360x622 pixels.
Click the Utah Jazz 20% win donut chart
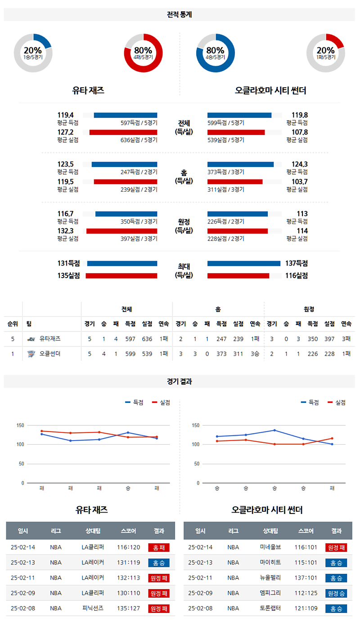click(33, 53)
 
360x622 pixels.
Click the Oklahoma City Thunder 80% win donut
click(215, 53)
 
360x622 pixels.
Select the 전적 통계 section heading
click(179, 14)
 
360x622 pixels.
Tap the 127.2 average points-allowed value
click(65, 132)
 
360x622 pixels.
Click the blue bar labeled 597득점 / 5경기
click(125, 115)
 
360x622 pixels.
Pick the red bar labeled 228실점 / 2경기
click(237, 231)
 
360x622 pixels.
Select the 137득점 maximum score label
click(297, 263)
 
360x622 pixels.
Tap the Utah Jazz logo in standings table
click(31, 339)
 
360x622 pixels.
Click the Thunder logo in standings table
click(31, 354)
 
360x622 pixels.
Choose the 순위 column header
click(13, 324)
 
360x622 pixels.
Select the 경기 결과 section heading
click(179, 381)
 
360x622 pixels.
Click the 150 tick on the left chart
click(20, 425)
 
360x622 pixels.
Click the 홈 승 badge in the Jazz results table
click(158, 563)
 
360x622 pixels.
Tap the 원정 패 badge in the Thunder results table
click(336, 548)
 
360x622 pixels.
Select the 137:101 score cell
click(307, 578)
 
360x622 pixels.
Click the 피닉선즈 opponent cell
click(93, 608)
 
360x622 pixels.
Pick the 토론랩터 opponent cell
click(270, 608)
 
